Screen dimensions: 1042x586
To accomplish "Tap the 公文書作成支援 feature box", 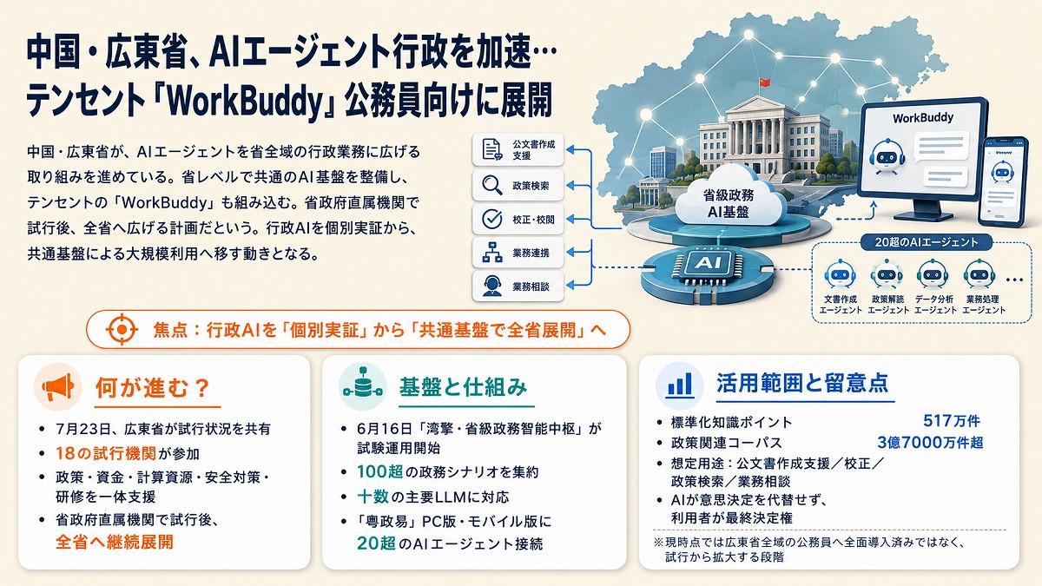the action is [518, 149].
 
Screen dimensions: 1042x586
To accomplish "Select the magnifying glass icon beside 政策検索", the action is [491, 185].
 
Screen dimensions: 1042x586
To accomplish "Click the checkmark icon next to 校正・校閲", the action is [491, 219].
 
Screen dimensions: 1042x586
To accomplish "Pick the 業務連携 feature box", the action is [518, 253].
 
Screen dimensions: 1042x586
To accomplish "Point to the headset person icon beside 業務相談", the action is [491, 286].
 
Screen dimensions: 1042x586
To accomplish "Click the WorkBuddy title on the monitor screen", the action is [923, 118].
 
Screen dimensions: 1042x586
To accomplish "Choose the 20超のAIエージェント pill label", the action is [927, 242].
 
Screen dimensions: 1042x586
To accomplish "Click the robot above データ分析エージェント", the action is [933, 274].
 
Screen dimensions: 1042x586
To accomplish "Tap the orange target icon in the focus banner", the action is [122, 329].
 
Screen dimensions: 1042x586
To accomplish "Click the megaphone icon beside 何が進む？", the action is [58, 386].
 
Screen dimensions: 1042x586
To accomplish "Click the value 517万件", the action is [952, 421].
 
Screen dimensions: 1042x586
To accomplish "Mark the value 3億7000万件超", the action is [930, 442].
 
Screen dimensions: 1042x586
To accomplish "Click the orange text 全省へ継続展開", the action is [115, 543].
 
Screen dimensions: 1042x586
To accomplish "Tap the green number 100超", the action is [380, 471].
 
